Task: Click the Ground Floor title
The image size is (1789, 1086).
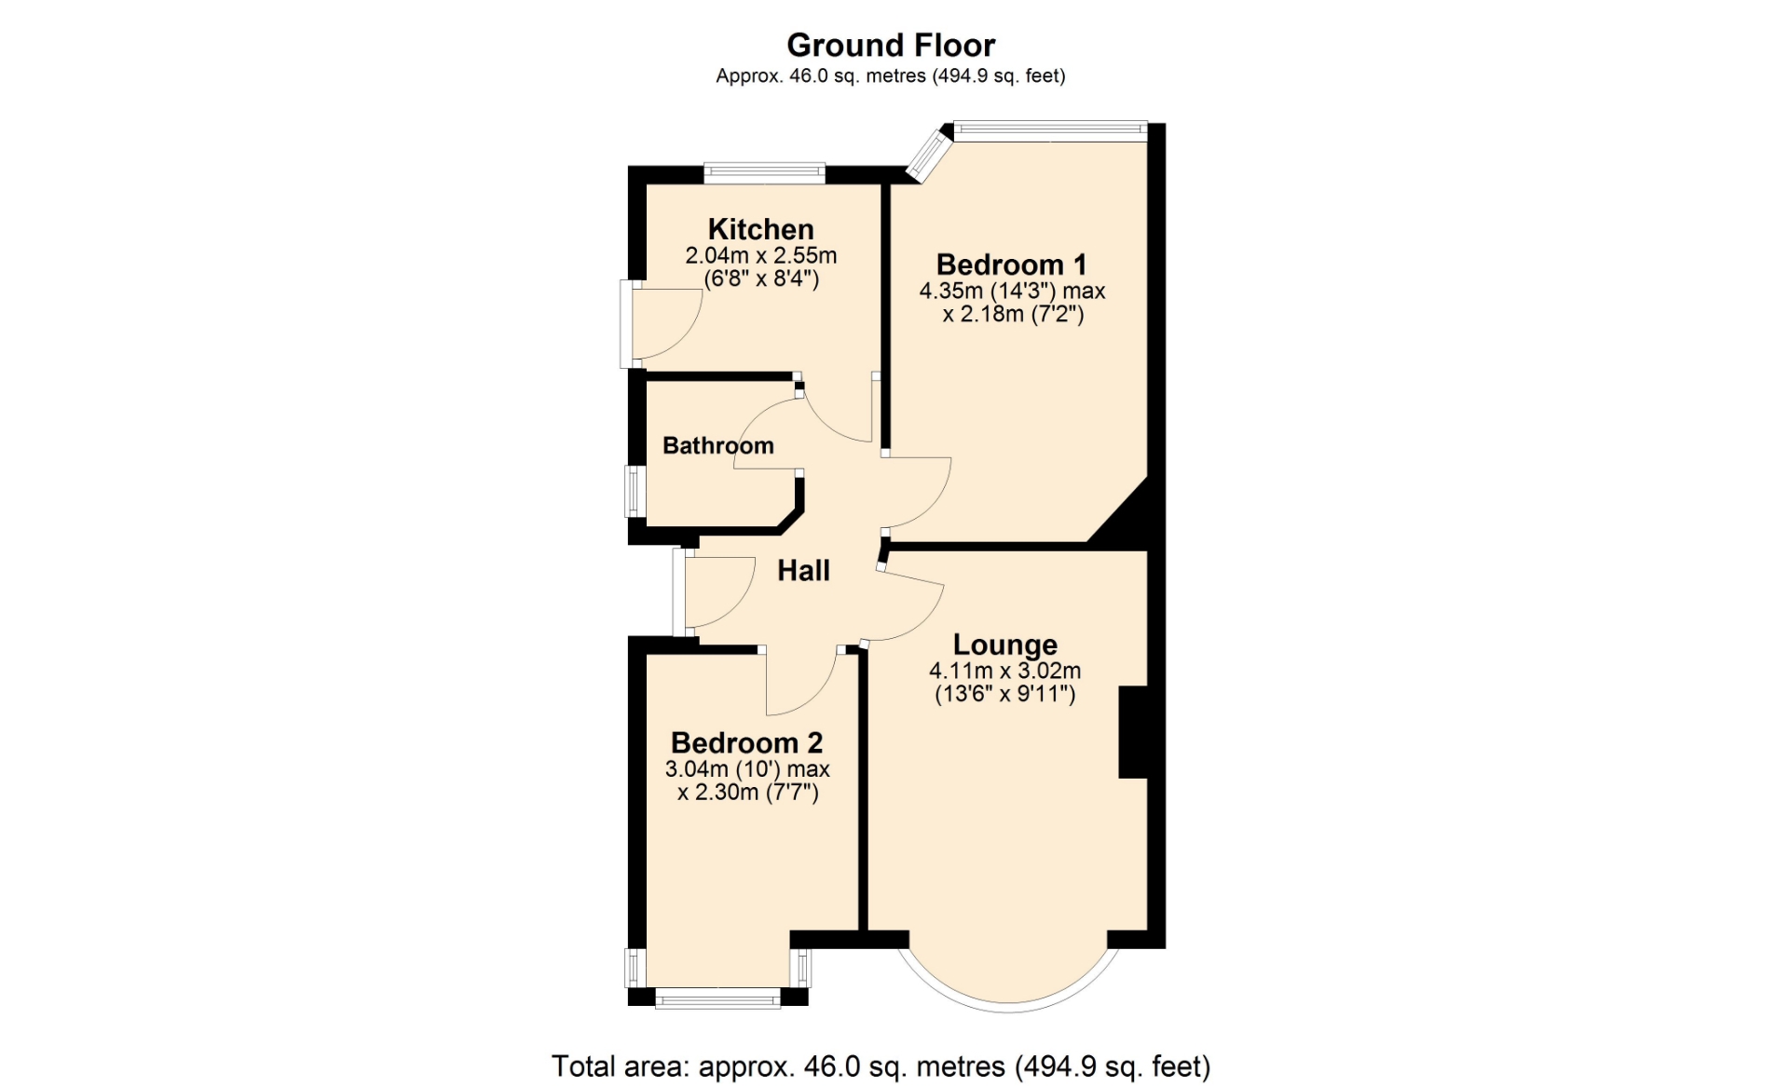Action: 891,45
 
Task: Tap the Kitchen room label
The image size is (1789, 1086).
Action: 760,229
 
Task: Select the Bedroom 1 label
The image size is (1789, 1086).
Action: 1011,265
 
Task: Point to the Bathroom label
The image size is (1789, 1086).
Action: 718,445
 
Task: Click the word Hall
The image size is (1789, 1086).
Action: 803,571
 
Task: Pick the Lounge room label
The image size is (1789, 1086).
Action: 1005,645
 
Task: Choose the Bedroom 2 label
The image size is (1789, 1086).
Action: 747,743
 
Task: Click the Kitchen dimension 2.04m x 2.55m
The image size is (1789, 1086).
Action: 761,255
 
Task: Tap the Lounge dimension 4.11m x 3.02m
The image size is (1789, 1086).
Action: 1005,671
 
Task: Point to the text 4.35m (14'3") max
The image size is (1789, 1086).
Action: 1013,291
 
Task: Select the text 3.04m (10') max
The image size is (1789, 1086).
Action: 747,769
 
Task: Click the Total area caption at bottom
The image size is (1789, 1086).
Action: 881,1066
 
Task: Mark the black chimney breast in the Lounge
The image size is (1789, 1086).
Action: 1133,732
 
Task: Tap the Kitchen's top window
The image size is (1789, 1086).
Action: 765,172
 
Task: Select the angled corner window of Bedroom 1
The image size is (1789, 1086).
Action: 930,154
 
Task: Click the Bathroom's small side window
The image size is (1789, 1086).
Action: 635,491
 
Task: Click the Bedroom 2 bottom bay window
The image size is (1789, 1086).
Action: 717,1000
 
